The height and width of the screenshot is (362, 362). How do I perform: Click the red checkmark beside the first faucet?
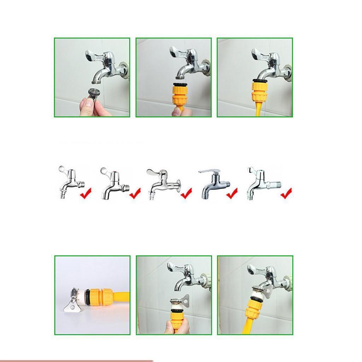coord(85,193)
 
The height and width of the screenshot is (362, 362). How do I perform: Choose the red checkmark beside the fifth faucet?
coord(286,193)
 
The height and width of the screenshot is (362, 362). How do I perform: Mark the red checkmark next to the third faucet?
coord(186,193)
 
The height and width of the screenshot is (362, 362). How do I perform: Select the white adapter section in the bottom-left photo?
coord(84,295)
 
